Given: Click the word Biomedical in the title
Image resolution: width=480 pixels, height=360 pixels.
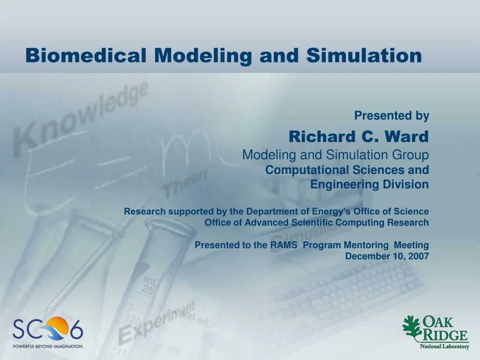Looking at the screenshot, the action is pos(86,55).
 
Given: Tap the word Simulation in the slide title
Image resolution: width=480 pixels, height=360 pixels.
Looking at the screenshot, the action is pos(364,55).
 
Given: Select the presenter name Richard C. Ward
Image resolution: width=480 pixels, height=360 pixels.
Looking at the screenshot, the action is pos(359,136).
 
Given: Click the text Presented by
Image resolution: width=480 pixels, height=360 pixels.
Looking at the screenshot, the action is pos(392,116).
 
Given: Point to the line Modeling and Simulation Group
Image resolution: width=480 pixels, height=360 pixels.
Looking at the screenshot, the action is pos(336,155).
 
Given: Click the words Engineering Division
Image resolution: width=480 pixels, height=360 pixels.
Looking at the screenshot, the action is pos(369,184).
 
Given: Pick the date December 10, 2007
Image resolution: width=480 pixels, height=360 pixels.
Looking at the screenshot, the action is pos(387,256).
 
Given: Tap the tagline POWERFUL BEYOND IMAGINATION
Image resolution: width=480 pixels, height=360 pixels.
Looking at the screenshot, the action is pos(47,346).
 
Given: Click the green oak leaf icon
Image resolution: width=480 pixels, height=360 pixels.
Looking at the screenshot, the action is pos(412,328).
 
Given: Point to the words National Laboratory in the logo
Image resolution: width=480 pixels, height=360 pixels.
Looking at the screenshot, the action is pos(444,346).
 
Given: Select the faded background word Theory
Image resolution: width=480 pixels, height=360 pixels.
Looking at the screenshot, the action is pos(185,183).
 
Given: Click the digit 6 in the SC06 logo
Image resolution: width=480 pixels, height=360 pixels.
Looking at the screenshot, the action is pos(76,329).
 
